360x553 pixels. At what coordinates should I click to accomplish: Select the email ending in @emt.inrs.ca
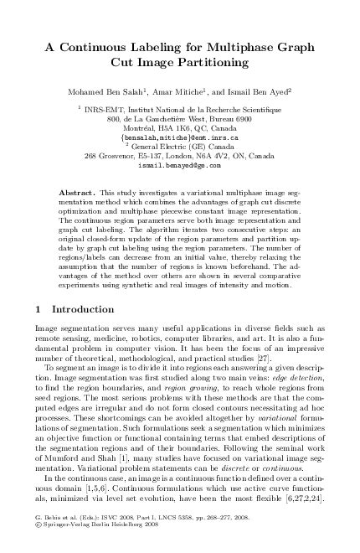pos(180,136)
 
